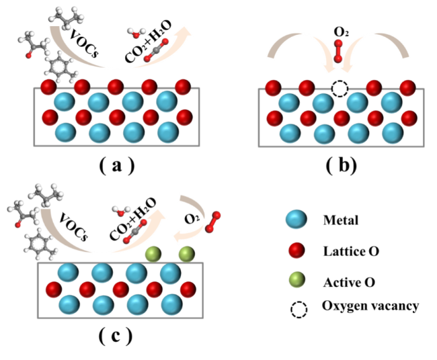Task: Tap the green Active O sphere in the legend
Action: pyautogui.click(x=296, y=280)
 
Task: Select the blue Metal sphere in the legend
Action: pyautogui.click(x=296, y=219)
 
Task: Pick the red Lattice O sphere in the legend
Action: pyautogui.click(x=296, y=250)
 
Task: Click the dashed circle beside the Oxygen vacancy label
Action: pyautogui.click(x=299, y=310)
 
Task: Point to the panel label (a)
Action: pyautogui.click(x=117, y=166)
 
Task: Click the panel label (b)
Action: pyautogui.click(x=341, y=166)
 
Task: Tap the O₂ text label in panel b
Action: pyautogui.click(x=341, y=33)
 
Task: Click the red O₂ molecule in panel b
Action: pyautogui.click(x=338, y=51)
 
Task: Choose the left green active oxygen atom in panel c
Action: pyautogui.click(x=153, y=254)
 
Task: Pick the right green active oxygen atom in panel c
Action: pyautogui.click(x=186, y=254)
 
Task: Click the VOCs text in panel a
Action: pyautogui.click(x=84, y=43)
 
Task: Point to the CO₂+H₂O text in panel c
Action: pyautogui.click(x=133, y=219)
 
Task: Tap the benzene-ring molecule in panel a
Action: pyautogui.click(x=61, y=66)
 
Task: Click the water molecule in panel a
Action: pyautogui.click(x=136, y=33)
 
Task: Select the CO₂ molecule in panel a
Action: pyautogui.click(x=157, y=50)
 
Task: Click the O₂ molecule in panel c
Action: pyautogui.click(x=212, y=222)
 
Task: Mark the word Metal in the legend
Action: pyautogui.click(x=341, y=220)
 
